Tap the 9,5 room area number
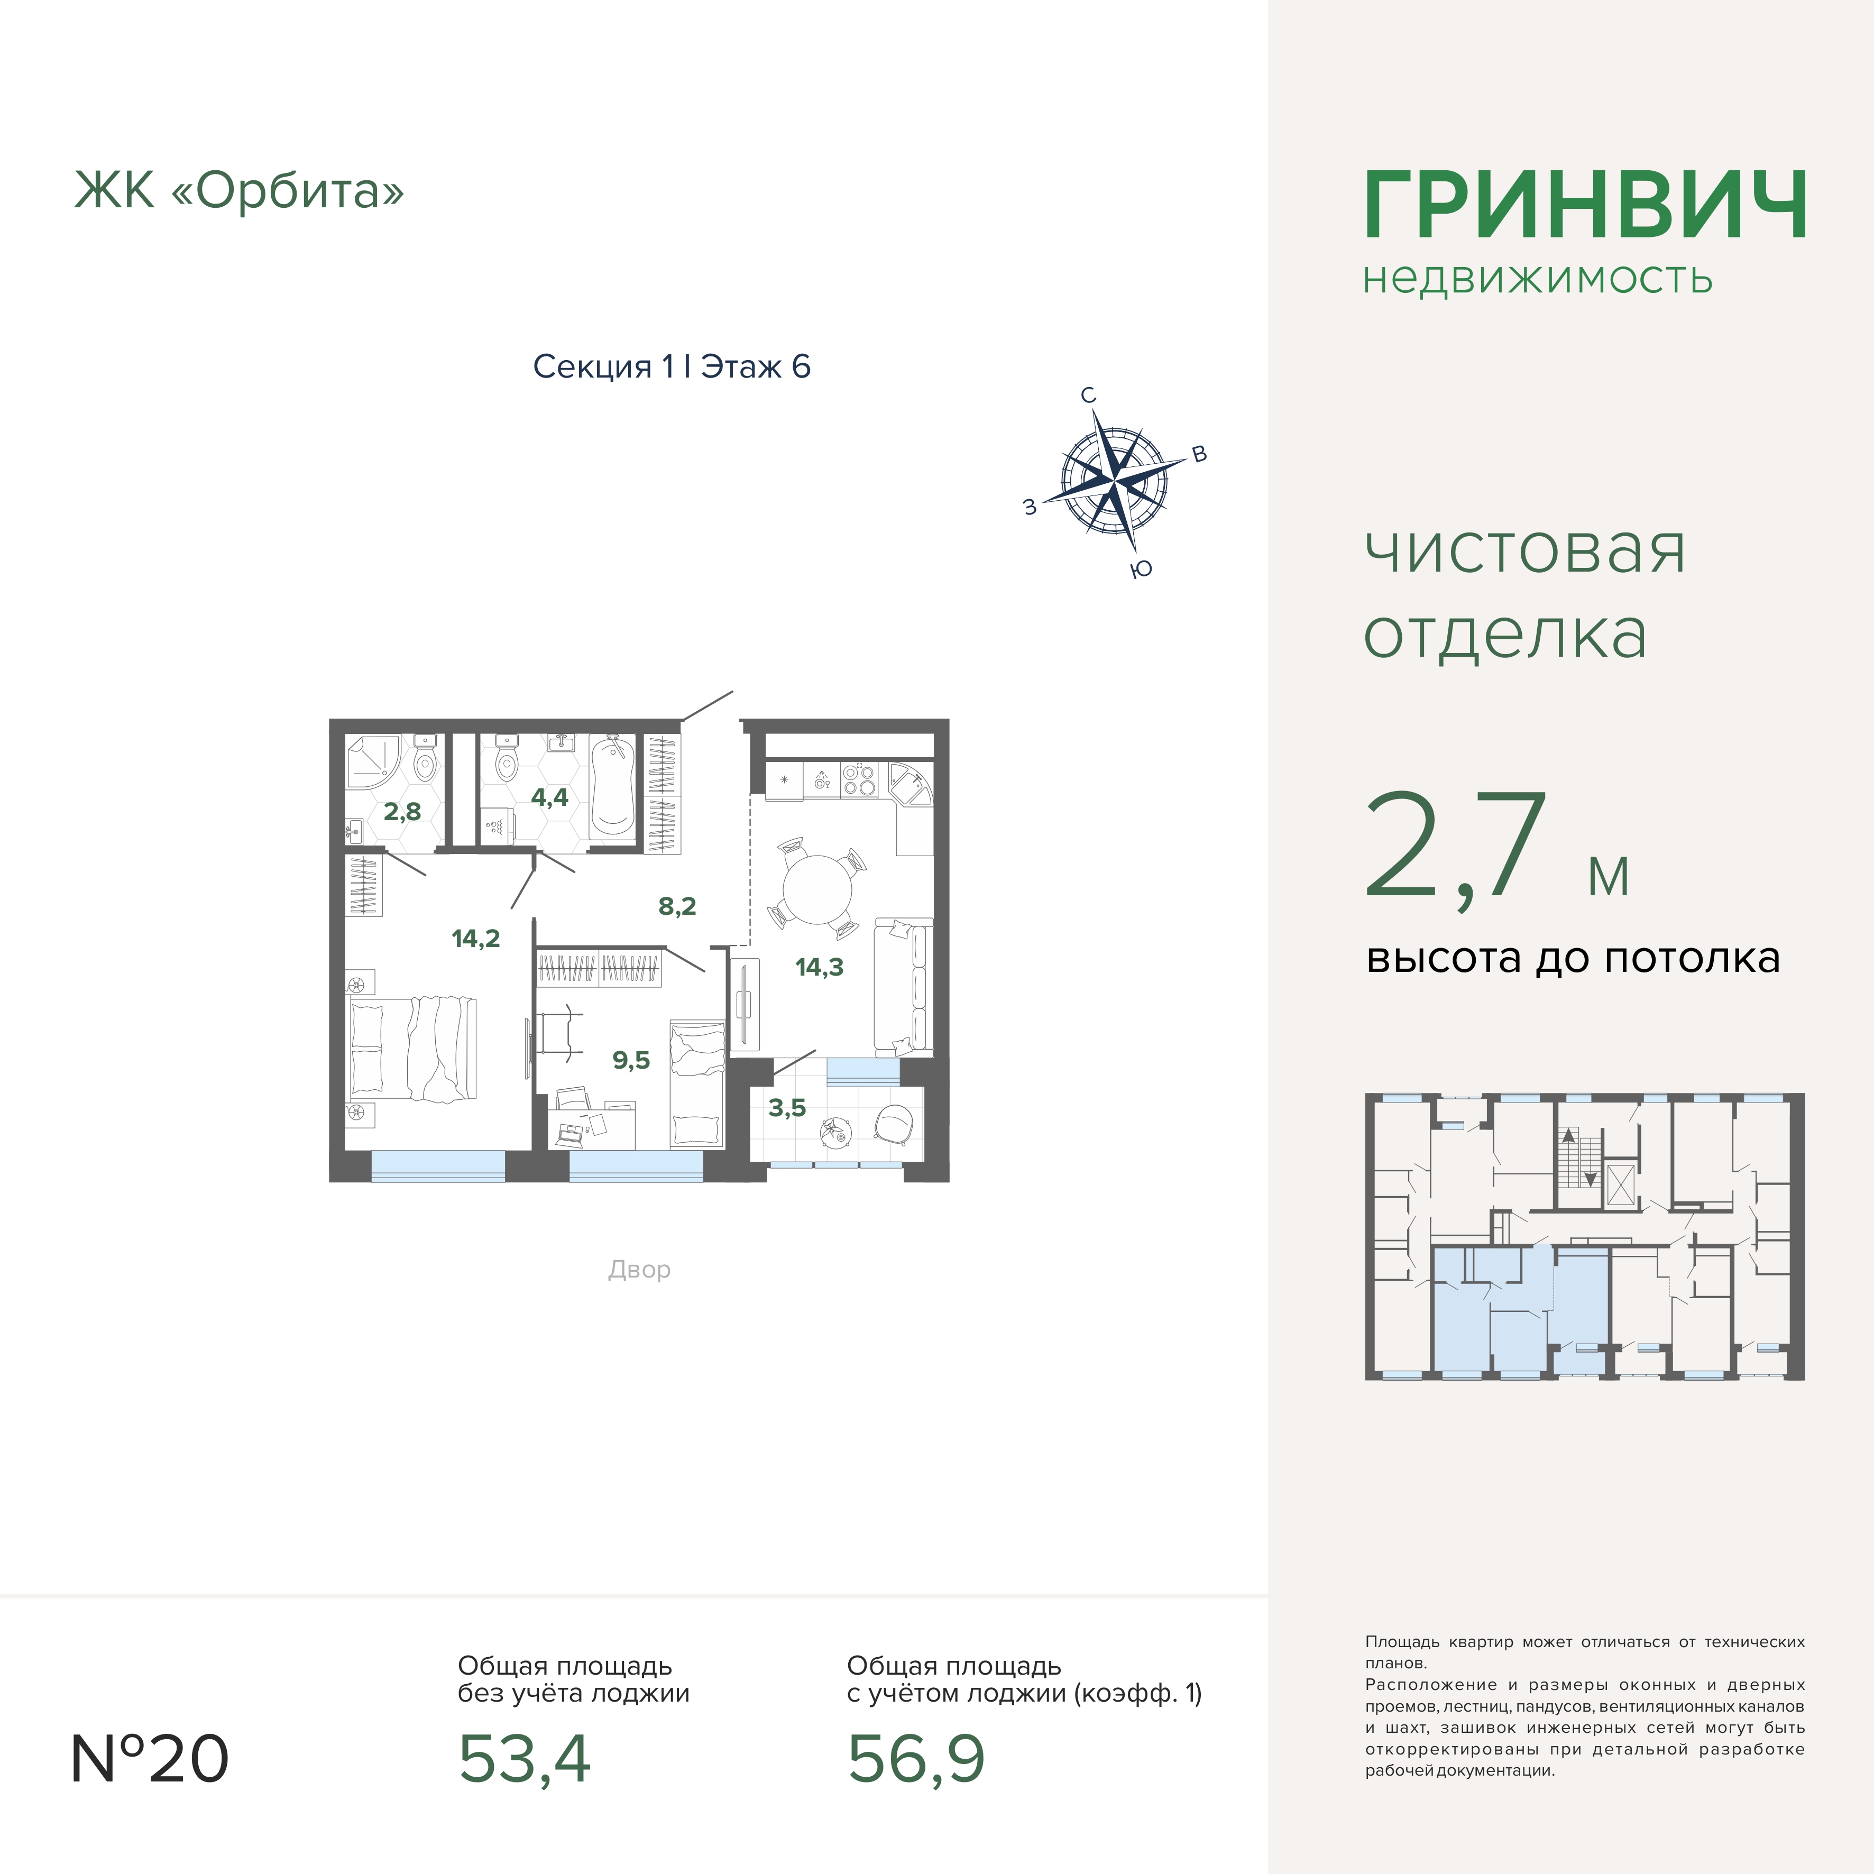[x=630, y=1060]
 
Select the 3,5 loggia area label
[x=787, y=1108]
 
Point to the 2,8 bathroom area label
[x=401, y=811]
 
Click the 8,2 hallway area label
[x=677, y=906]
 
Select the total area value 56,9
[x=916, y=1759]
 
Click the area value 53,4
[x=524, y=1759]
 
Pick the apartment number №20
[x=150, y=1759]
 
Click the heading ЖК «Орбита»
[x=238, y=190]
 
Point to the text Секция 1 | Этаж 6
[x=671, y=366]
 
